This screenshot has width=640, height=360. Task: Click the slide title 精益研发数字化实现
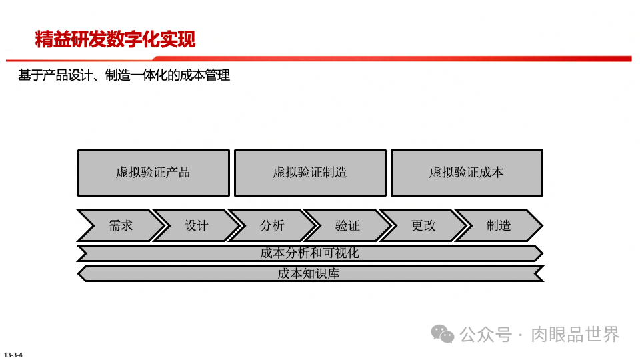tap(115, 39)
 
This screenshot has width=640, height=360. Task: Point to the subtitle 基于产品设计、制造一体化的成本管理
tap(124, 76)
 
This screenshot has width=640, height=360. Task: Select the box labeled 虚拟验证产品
tap(153, 173)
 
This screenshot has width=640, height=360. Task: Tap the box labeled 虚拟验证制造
tap(310, 173)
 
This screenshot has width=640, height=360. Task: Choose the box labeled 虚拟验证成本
tap(467, 173)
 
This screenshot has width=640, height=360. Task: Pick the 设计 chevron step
tap(197, 226)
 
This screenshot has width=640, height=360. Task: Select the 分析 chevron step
tap(272, 226)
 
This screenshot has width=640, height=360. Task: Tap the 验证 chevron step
tap(347, 226)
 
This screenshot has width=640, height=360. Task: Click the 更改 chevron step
tap(423, 226)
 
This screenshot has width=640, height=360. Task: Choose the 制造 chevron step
tap(499, 226)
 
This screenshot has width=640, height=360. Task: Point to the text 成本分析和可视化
tap(309, 253)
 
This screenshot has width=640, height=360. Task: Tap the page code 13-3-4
tap(13, 354)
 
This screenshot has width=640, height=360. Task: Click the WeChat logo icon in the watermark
tap(442, 333)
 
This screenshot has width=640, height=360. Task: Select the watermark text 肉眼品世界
tap(575, 333)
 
